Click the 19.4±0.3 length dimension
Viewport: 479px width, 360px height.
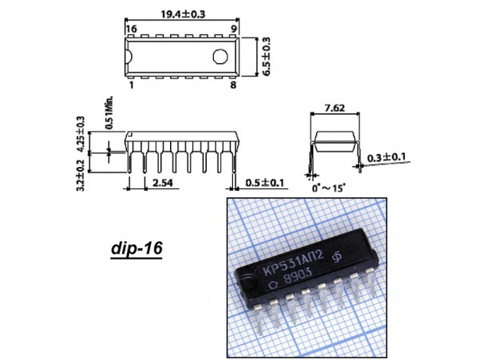click(183, 14)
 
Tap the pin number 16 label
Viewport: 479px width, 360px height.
click(132, 29)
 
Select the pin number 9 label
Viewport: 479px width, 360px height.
click(233, 29)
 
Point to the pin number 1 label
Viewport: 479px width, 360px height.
click(132, 85)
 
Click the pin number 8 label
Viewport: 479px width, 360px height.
click(233, 85)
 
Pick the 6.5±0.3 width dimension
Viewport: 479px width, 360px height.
click(267, 57)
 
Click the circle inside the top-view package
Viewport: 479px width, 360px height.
click(220, 57)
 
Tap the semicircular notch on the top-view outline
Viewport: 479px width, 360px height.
click(129, 57)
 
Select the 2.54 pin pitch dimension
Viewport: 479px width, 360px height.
click(163, 183)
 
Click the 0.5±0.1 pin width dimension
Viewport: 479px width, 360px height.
click(264, 183)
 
